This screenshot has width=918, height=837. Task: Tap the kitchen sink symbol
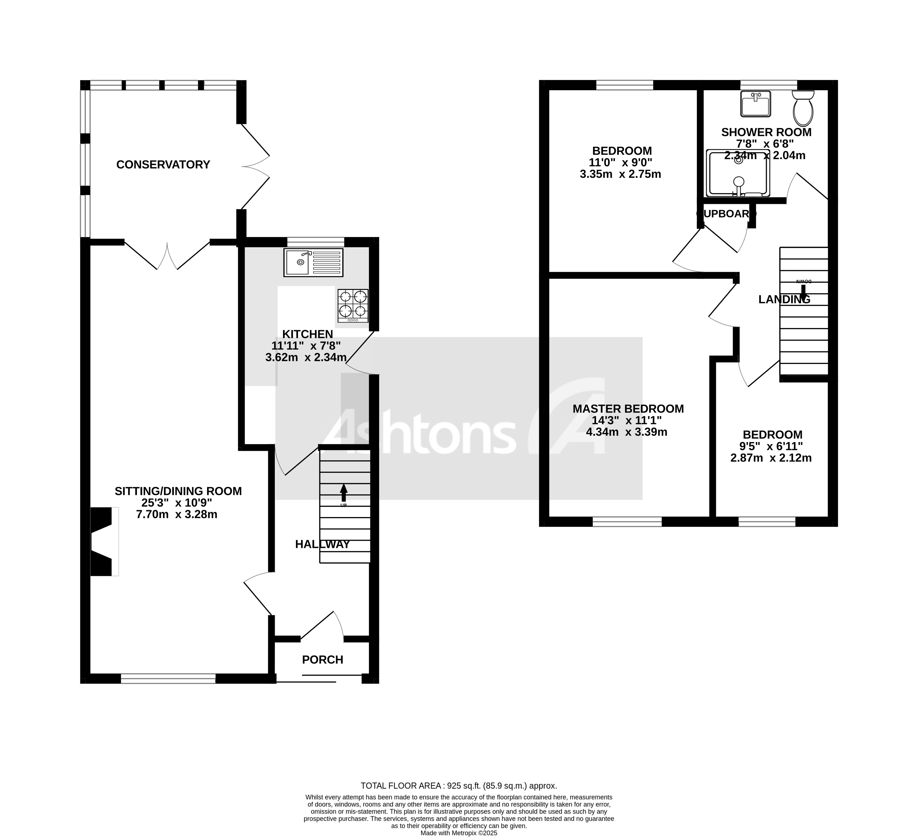[x=313, y=263]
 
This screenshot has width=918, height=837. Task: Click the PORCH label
[x=322, y=660]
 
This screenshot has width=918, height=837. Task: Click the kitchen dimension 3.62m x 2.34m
[x=306, y=357]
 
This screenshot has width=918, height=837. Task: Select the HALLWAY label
[x=322, y=544]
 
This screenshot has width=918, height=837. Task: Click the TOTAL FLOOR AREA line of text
[x=459, y=785]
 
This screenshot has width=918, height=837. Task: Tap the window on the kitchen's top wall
[x=316, y=241]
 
